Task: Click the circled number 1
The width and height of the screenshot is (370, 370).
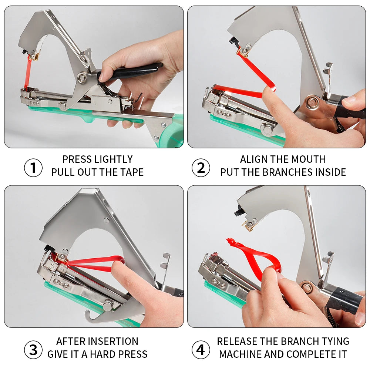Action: point(33,168)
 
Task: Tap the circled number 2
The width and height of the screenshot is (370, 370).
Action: point(201,168)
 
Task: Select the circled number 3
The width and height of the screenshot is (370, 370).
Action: point(33,350)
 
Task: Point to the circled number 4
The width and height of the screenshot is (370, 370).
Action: point(201,350)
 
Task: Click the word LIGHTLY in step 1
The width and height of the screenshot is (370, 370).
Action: point(114,159)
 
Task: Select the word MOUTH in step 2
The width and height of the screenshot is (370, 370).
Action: point(309,159)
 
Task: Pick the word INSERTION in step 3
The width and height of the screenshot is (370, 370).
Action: point(114,342)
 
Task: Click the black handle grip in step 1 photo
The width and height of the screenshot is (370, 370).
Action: point(132,71)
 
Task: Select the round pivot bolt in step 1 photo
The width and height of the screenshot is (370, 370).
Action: point(82,77)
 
